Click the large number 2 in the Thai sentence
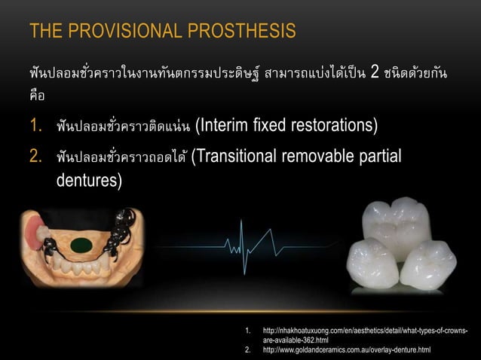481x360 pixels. [x=375, y=74]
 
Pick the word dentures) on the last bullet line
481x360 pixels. [x=89, y=181]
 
